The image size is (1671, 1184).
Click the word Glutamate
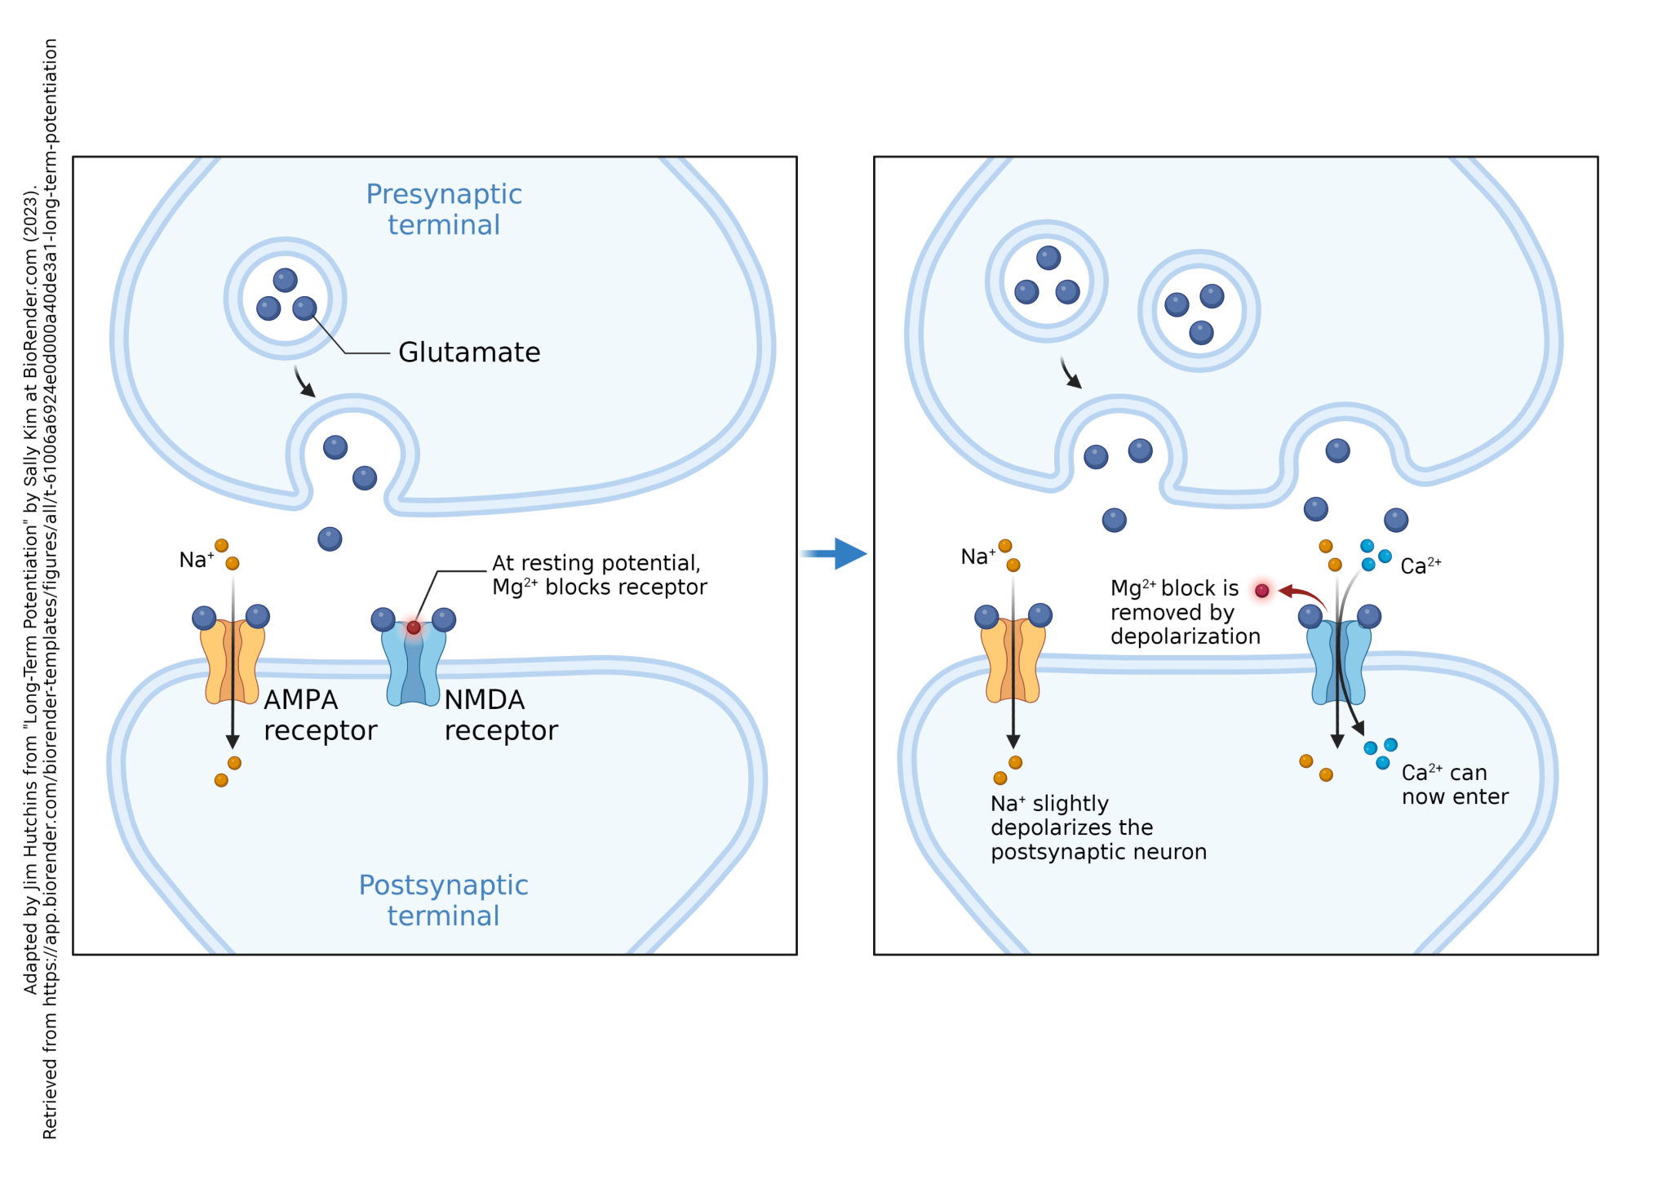[x=469, y=353]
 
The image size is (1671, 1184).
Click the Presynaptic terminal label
[x=444, y=210]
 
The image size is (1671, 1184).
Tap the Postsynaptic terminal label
[x=444, y=900]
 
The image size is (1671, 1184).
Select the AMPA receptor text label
[x=320, y=715]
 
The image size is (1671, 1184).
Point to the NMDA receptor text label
[x=501, y=715]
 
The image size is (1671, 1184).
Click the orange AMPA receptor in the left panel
[x=233, y=661]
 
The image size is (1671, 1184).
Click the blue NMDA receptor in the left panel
[x=414, y=665]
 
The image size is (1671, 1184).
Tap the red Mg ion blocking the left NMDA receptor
[x=414, y=627]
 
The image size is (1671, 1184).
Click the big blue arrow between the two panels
[x=836, y=554]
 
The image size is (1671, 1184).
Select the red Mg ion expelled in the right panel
[x=1262, y=591]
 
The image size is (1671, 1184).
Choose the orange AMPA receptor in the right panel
[x=1013, y=661]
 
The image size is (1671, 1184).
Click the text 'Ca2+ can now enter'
[x=1455, y=785]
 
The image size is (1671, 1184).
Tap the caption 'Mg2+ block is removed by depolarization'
[x=1185, y=613]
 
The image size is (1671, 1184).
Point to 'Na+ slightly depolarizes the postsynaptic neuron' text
[x=1098, y=828]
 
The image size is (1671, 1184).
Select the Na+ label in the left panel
[x=196, y=560]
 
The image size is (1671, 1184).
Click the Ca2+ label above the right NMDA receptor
[x=1421, y=566]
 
